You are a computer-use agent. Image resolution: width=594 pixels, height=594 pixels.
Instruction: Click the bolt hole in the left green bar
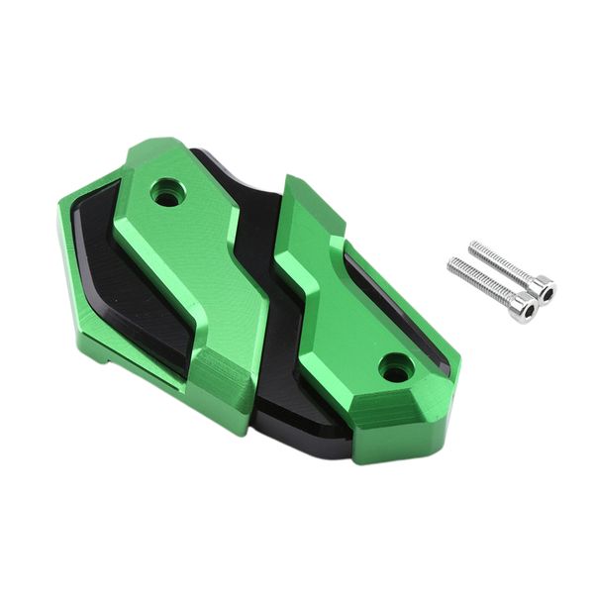[x=166, y=194]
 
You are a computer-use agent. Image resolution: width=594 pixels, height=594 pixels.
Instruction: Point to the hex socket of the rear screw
[x=544, y=288]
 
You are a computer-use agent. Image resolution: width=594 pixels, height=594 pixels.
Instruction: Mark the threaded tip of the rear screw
[x=474, y=246]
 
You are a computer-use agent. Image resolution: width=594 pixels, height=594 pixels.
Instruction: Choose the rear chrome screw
[x=509, y=266]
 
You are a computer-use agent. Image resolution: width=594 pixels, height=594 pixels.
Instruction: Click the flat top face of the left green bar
[x=193, y=247]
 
